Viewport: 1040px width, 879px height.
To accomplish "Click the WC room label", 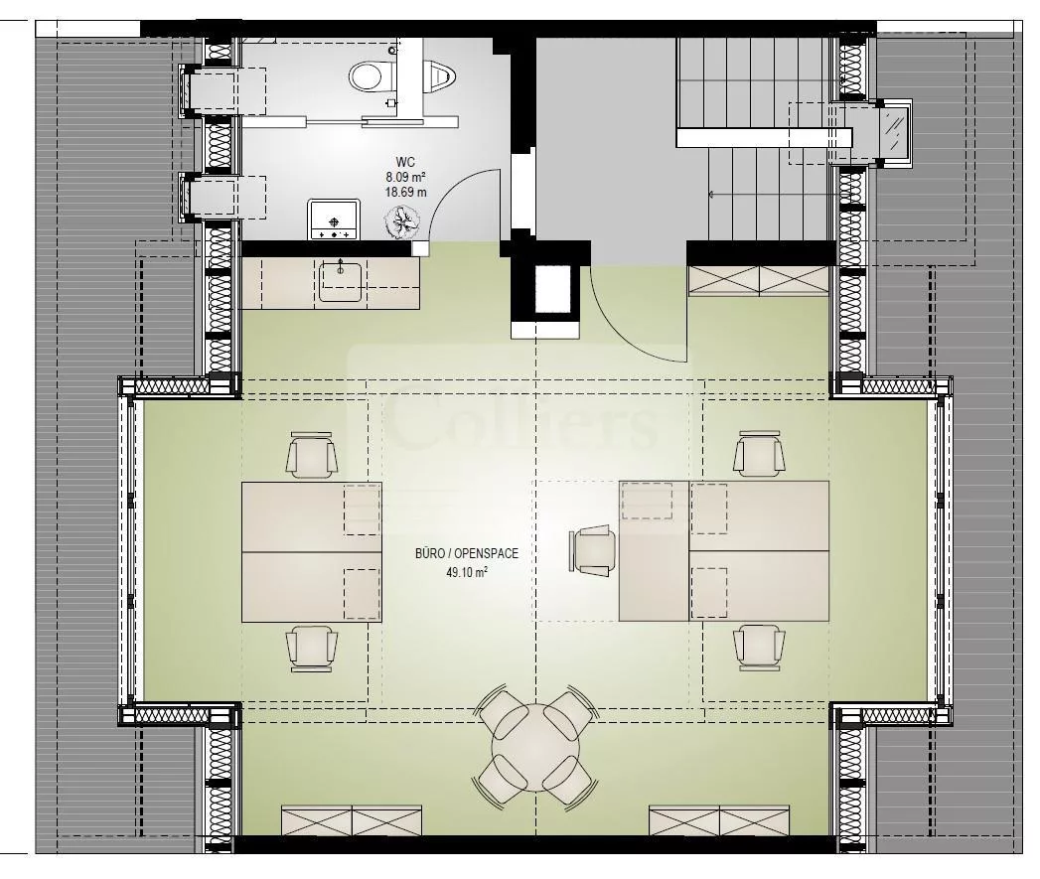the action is point(405,162).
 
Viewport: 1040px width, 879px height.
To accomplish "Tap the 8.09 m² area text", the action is point(405,177).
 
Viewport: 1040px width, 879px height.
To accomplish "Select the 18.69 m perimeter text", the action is point(406,193).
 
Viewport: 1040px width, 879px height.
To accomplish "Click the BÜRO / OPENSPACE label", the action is point(467,553).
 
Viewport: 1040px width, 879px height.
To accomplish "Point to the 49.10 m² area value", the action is point(467,572).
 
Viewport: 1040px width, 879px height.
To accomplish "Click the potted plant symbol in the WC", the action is point(402,221).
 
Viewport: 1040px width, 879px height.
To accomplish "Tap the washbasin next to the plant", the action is point(334,220).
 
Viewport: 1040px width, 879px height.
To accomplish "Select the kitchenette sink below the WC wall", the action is point(342,281).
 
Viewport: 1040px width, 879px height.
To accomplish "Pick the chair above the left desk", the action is point(312,455).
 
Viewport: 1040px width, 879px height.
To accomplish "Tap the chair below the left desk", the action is point(312,649).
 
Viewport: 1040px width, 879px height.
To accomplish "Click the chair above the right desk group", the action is point(760,453).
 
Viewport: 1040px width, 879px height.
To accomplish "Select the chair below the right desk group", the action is point(760,648).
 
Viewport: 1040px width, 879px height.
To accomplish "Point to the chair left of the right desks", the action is point(592,550).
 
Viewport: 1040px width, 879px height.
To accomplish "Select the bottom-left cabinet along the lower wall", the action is point(352,820).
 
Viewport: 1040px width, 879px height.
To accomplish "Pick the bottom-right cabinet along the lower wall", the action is point(719,820).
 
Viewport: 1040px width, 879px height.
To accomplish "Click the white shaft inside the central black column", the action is point(553,289).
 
